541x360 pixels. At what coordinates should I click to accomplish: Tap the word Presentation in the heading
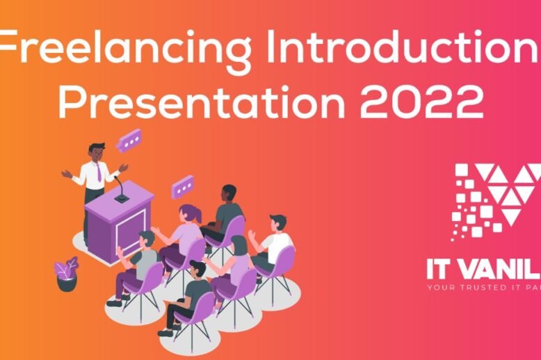click(x=202, y=102)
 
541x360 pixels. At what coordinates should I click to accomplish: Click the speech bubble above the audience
click(x=184, y=186)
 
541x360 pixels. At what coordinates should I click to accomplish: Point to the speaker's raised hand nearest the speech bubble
click(x=122, y=167)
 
